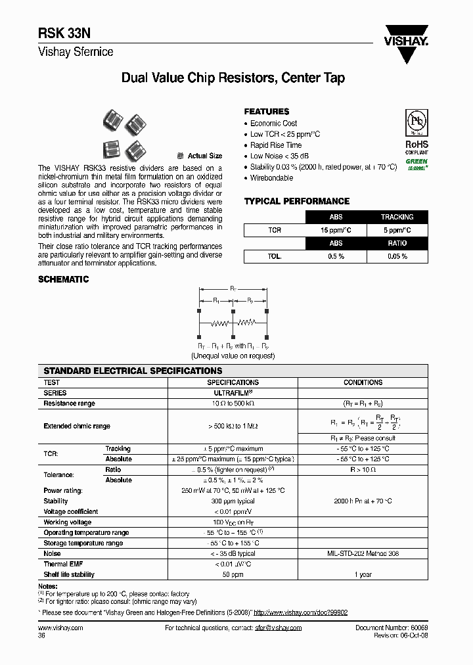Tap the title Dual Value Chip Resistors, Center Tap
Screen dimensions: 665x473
tap(233, 78)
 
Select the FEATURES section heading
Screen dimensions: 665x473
tap(267, 112)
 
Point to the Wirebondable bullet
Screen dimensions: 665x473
tap(271, 178)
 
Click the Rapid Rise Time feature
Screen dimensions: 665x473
tap(276, 145)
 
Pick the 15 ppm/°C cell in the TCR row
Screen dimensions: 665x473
tap(336, 230)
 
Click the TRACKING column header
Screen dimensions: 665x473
tap(397, 217)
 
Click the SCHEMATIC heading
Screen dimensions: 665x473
tap(64, 279)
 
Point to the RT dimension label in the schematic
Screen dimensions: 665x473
tap(233, 288)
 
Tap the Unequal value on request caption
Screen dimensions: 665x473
tap(233, 355)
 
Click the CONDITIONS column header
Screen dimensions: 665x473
tap(363, 382)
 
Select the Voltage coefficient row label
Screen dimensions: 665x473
tap(71, 512)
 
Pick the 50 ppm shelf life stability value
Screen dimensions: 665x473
tap(233, 575)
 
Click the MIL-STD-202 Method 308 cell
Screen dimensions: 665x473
tap(363, 554)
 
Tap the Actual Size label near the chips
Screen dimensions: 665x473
tap(205, 156)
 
